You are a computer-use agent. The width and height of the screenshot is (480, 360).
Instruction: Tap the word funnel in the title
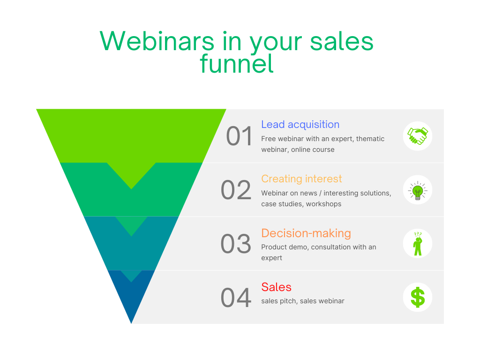point(237,64)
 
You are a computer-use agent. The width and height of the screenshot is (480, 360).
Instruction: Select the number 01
point(240,136)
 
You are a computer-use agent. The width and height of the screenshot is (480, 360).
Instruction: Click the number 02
point(236,190)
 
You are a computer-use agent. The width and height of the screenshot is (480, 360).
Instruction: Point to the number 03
point(236,244)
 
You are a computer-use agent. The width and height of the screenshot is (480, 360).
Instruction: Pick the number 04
point(236,298)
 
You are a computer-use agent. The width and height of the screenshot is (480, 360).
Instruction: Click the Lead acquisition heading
point(300,125)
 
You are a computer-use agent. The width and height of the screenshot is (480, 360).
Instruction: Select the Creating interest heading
point(301,179)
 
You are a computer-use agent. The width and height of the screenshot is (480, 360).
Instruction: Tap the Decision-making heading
point(306,233)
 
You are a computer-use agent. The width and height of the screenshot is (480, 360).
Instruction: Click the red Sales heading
point(276,287)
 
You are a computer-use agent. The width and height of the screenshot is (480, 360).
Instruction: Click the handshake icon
point(417,136)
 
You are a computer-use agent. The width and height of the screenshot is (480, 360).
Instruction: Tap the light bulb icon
point(417,190)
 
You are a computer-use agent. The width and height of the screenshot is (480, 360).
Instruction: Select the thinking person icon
point(417,244)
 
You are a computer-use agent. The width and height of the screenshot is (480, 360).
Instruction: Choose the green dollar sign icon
point(417,297)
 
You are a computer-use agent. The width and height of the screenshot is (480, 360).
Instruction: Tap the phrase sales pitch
point(278,301)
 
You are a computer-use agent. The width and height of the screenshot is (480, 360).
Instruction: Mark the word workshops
point(324,204)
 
